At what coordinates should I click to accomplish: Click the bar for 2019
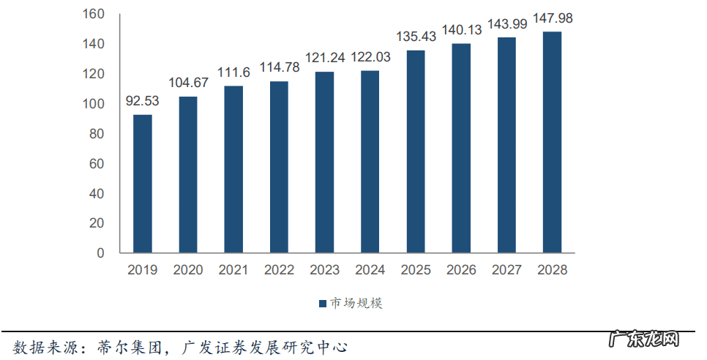coord(142,184)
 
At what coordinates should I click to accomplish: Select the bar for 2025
coord(416,151)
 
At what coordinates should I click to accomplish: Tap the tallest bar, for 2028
coord(552,143)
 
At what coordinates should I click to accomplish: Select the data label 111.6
coord(233,72)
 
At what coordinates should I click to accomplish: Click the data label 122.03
coord(370,57)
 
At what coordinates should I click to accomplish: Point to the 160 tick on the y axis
coord(95,14)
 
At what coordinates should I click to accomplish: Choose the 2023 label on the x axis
coord(324,270)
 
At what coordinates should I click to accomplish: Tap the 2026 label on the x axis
coord(461,270)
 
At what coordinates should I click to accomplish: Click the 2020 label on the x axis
coord(188,270)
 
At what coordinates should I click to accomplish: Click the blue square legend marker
coord(322,304)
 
